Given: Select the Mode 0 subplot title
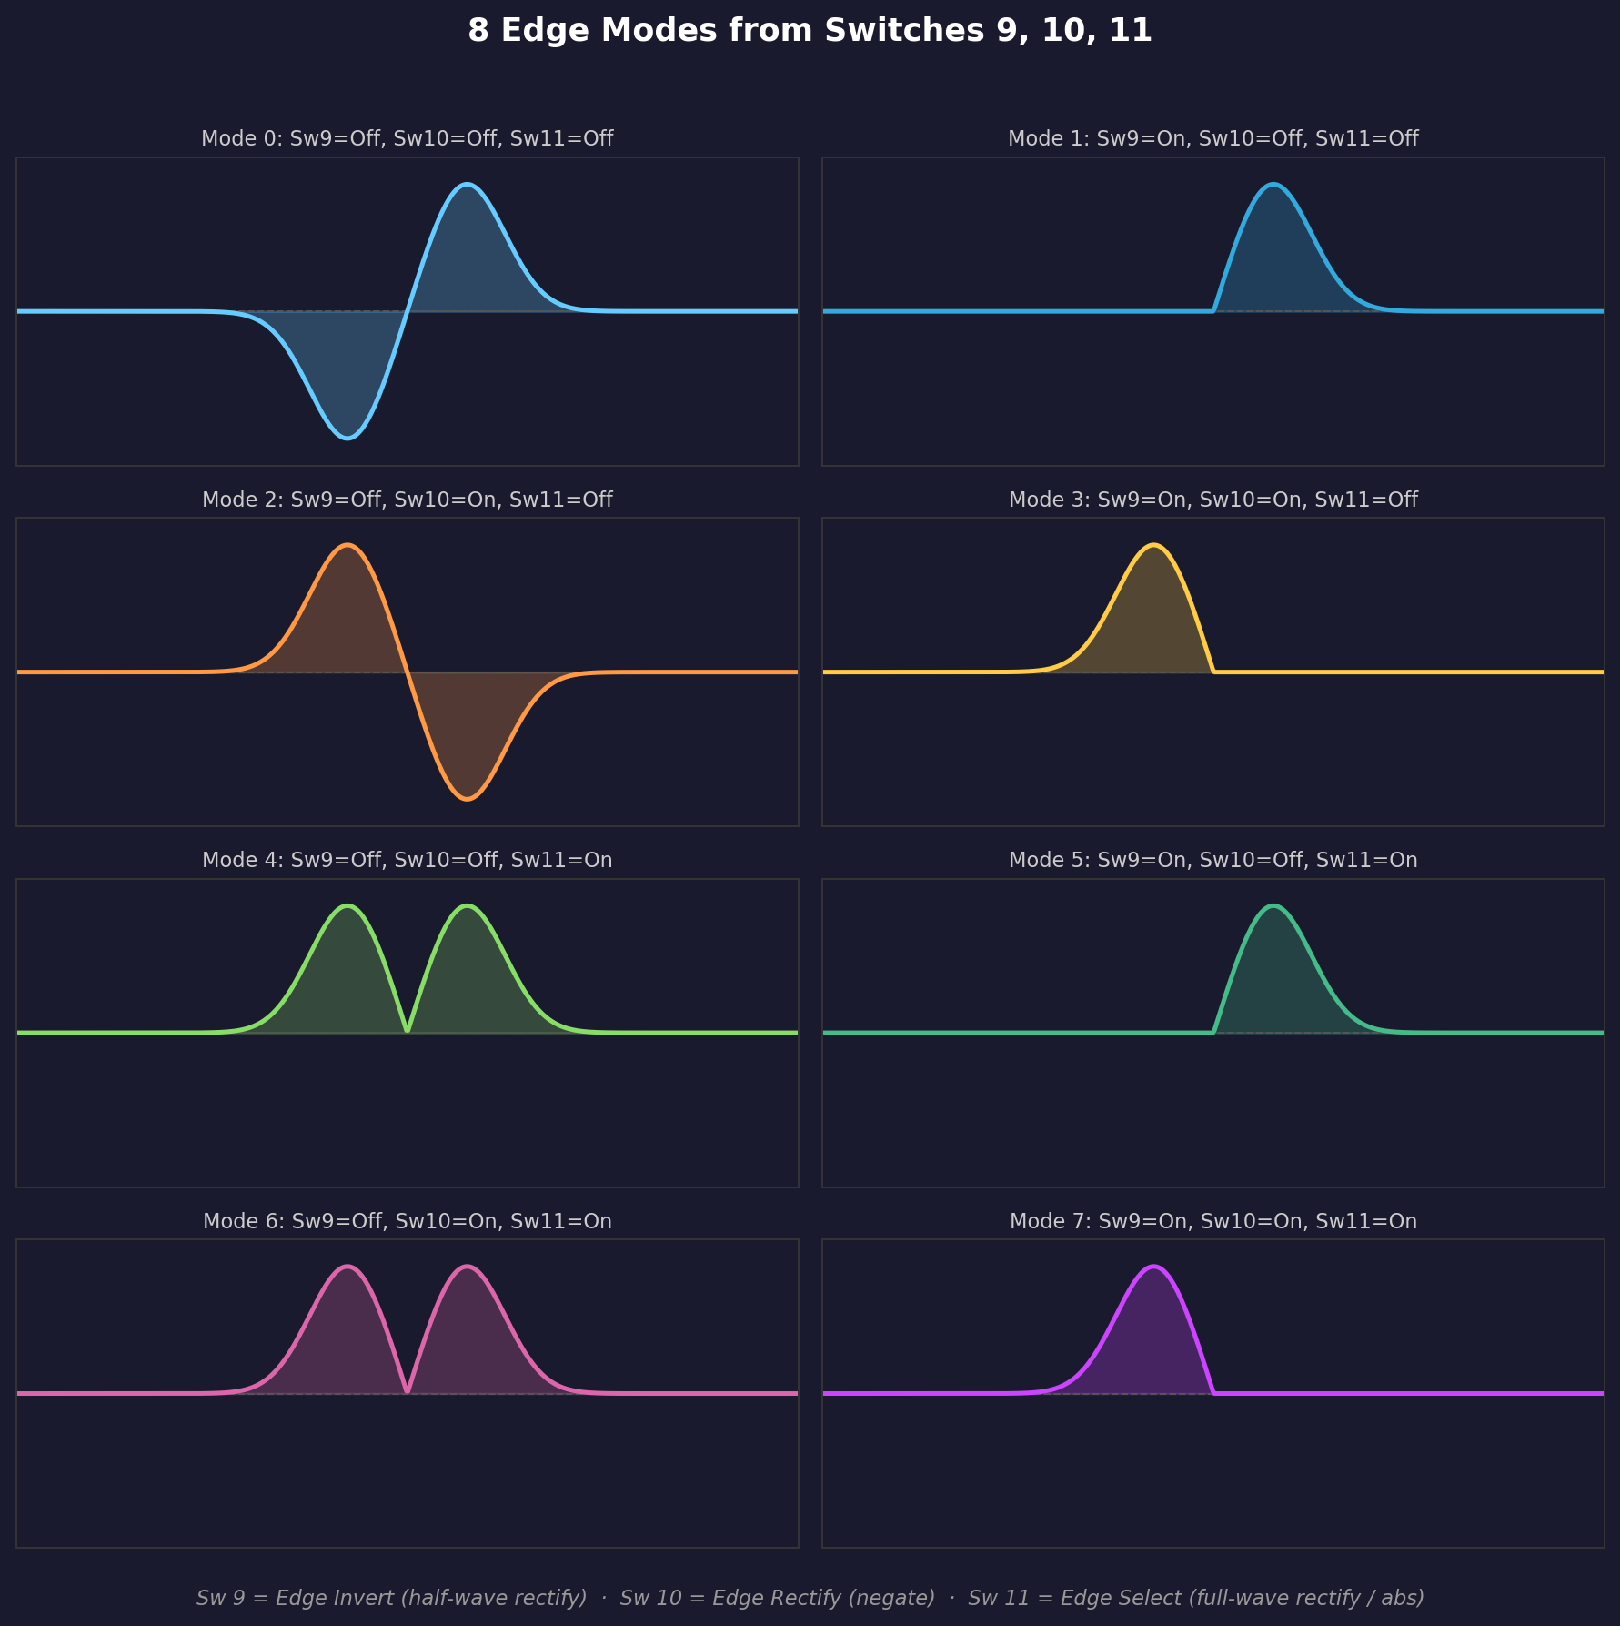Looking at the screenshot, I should coord(407,138).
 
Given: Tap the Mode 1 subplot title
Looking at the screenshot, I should coord(1212,138).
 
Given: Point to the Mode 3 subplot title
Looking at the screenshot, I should coord(1212,500).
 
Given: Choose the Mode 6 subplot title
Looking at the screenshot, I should coord(407,1221).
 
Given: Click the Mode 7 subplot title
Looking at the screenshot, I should coord(1212,1221).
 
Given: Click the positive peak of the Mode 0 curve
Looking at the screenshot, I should coord(467,185).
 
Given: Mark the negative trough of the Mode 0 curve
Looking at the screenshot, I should coord(347,439).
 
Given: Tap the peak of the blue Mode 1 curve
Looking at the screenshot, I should coord(1273,185).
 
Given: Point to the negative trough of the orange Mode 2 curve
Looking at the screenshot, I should coord(467,799).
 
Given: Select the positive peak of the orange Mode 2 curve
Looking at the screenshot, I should coord(347,545).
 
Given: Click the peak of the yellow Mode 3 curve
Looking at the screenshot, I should coord(1153,545).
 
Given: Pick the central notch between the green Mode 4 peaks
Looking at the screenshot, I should coord(407,1030).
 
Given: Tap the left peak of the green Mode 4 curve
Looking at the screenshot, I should coord(347,906).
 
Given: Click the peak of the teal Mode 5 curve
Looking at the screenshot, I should coord(1273,906).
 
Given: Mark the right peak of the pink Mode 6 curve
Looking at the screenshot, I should coord(467,1267).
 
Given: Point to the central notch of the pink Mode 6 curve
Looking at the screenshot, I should coord(407,1390).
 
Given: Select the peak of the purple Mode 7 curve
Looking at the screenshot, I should coord(1153,1267).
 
